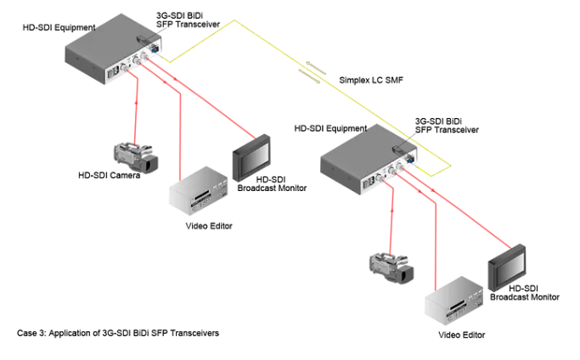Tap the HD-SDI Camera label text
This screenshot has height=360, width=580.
(109, 176)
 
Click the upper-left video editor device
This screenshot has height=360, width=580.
(198, 194)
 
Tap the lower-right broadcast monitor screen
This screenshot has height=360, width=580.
(509, 266)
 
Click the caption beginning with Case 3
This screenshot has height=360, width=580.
(118, 333)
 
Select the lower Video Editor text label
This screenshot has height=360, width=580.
(462, 335)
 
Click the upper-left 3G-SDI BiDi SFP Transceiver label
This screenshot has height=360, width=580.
(188, 20)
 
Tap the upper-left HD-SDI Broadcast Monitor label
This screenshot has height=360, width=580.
(269, 184)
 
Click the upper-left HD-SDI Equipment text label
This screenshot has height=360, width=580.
(59, 28)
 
